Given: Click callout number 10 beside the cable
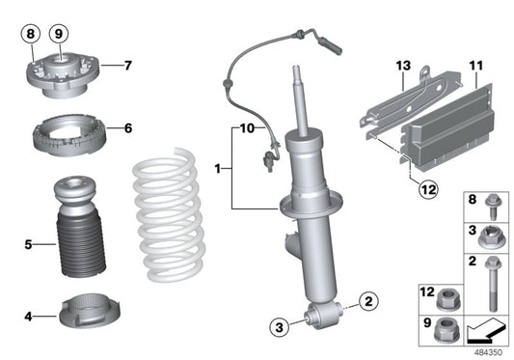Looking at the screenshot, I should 246,127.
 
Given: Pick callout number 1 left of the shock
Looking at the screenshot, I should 219,168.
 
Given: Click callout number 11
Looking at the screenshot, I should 474,66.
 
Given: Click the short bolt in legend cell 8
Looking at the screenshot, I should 488,206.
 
